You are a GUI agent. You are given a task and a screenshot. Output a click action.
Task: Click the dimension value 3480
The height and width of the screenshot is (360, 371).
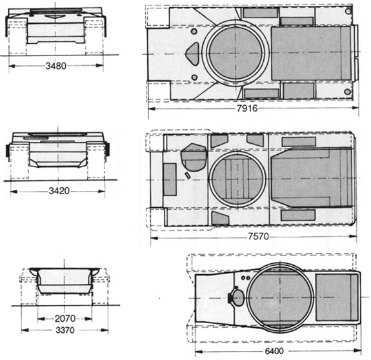(56, 66)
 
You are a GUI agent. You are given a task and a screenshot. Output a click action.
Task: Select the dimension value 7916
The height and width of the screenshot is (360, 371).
(247, 108)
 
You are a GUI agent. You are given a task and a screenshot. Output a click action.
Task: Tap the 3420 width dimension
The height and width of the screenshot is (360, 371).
(59, 191)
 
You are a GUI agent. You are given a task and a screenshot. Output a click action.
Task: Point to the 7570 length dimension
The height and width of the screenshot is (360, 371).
(258, 236)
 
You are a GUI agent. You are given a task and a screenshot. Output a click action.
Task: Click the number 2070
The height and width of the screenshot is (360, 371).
(65, 319)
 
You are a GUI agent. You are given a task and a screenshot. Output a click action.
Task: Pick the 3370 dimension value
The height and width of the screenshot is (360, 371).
(65, 330)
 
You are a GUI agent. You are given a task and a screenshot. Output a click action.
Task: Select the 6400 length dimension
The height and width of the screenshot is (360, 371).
(274, 351)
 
